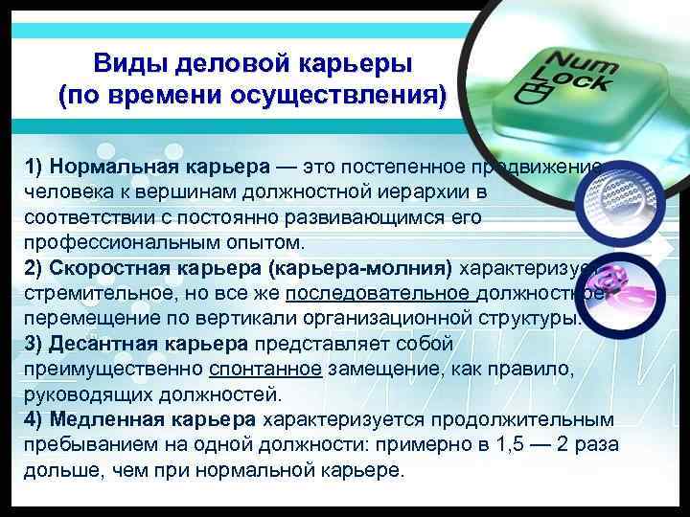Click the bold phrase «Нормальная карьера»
click(x=161, y=168)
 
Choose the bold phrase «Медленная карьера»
click(x=153, y=418)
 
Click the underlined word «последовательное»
click(x=375, y=292)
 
